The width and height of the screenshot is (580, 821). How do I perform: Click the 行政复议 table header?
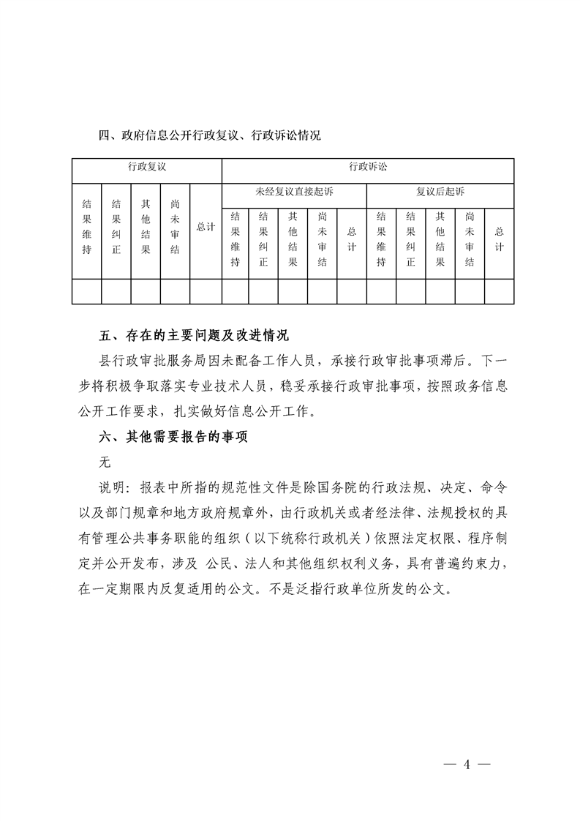click(x=147, y=167)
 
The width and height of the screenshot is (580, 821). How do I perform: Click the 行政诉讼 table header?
click(x=368, y=167)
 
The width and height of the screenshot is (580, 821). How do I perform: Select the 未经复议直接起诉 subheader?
click(x=294, y=192)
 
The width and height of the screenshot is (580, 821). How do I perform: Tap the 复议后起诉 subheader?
click(x=440, y=192)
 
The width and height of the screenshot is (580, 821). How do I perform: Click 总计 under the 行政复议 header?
click(x=206, y=228)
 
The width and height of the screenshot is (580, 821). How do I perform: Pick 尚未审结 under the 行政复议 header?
click(x=175, y=228)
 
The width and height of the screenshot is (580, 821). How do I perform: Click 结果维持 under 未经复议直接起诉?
click(x=235, y=239)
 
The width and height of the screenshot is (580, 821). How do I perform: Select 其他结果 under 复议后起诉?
click(x=440, y=239)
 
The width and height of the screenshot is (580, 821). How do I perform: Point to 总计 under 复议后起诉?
click(x=500, y=239)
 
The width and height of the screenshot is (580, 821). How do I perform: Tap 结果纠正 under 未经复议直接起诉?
click(x=263, y=239)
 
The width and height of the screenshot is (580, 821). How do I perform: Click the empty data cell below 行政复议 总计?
click(x=206, y=290)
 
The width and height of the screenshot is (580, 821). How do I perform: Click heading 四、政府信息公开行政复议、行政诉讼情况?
click(x=210, y=135)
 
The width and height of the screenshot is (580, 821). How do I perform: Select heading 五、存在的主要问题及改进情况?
click(x=195, y=337)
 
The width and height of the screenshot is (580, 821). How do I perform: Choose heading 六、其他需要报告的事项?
click(x=173, y=437)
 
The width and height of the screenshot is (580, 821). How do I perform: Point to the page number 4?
click(x=466, y=765)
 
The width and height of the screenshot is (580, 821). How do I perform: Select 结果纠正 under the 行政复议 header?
click(x=116, y=228)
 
